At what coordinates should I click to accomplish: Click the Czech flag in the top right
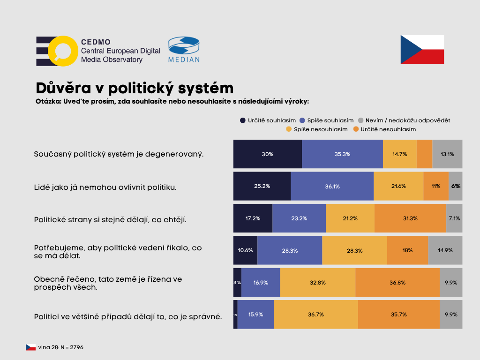coord(422,49)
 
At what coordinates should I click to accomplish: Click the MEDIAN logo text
coord(184,60)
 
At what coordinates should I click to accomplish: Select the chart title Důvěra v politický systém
coord(135,88)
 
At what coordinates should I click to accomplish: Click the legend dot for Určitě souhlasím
coord(243,120)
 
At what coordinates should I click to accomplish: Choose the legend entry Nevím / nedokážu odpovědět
coord(404,120)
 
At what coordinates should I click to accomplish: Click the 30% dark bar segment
coord(268,154)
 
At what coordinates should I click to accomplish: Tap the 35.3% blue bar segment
coord(342,154)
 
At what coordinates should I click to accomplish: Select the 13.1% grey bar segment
coord(447,154)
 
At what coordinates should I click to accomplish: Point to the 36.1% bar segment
coord(332,186)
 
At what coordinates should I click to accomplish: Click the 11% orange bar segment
coord(436,186)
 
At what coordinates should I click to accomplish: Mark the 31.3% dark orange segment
coord(410,218)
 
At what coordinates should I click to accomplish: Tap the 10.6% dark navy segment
coord(245,250)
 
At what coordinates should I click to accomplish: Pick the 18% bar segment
coord(407,250)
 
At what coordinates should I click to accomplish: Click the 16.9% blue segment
coord(261,283)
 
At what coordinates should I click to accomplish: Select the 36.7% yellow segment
coord(316,315)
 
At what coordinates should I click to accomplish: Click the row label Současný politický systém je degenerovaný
coord(119,154)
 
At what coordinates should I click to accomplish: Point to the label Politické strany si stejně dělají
coord(111,218)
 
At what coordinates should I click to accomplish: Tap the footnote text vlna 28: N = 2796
coord(61,347)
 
